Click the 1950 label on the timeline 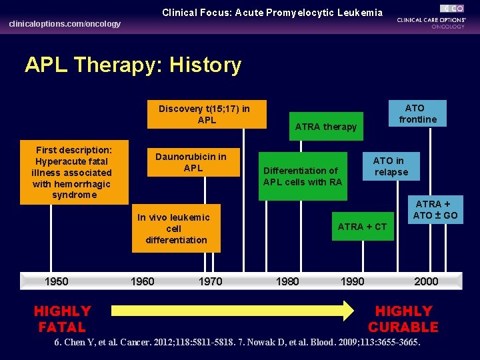(x=56, y=281)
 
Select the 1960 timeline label (x=142, y=281)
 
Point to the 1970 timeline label (x=210, y=281)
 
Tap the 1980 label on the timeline (x=287, y=281)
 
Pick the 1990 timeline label (x=352, y=281)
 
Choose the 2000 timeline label (x=426, y=281)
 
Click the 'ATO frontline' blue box (x=417, y=114)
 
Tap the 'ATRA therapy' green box (x=326, y=127)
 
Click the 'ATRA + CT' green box (x=362, y=227)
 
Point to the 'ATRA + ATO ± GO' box (x=436, y=209)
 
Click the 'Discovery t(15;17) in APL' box (x=204, y=114)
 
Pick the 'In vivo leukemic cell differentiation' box (x=176, y=228)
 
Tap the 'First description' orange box (x=74, y=172)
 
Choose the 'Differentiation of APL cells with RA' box (x=303, y=176)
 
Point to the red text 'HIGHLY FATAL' (x=62, y=319)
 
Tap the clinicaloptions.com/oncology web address (x=65, y=24)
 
